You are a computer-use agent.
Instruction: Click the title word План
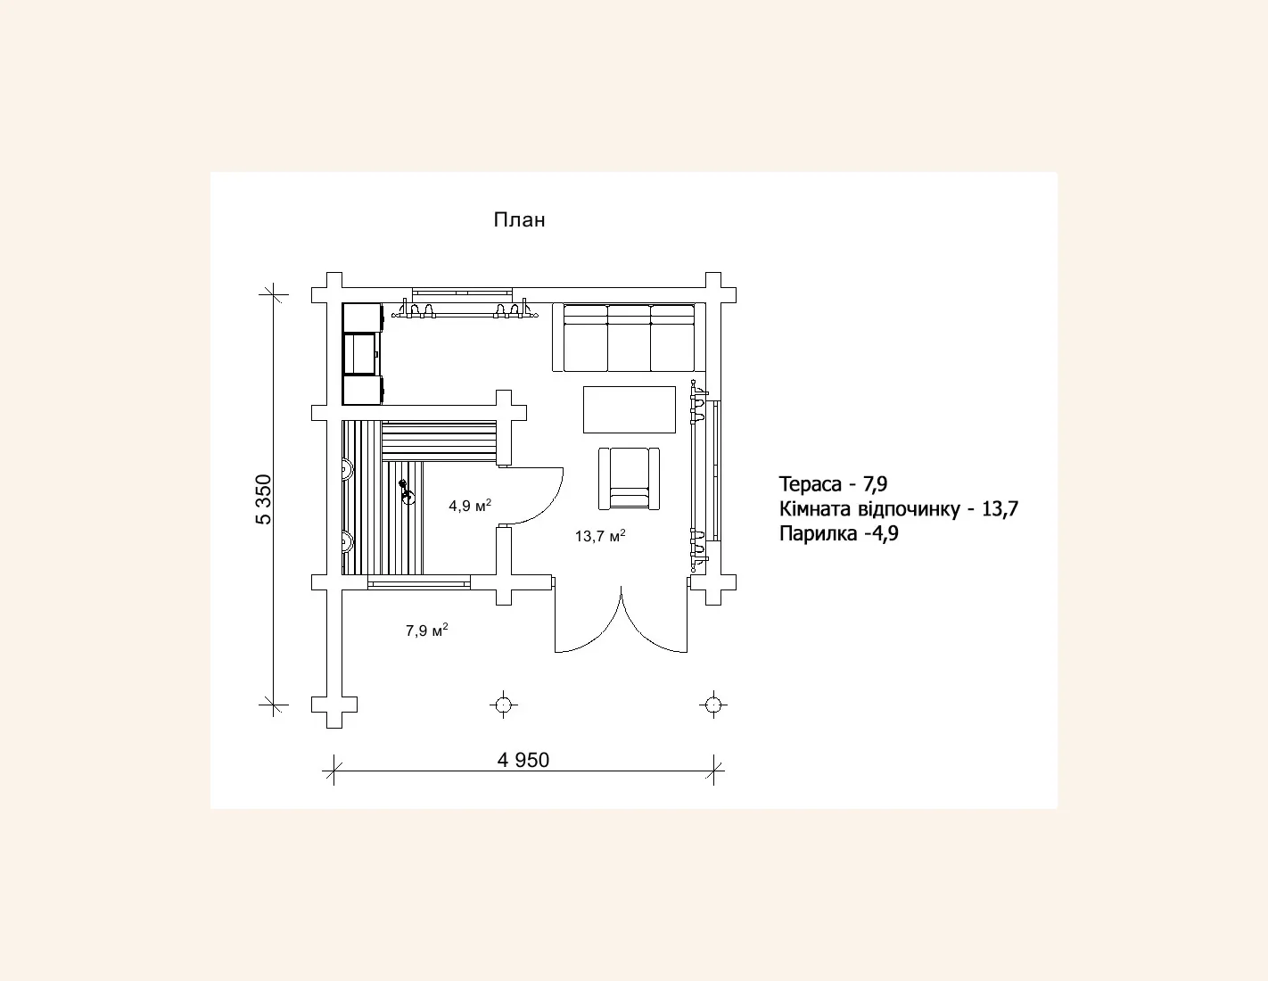pyautogui.click(x=519, y=220)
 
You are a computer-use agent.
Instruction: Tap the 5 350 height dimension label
pyautogui.click(x=264, y=499)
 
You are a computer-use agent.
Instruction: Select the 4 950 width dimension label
pyautogui.click(x=523, y=760)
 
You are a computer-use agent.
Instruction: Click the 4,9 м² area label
pyautogui.click(x=470, y=506)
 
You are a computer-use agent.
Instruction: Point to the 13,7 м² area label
pyautogui.click(x=600, y=536)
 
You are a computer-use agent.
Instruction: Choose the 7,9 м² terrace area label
pyautogui.click(x=426, y=631)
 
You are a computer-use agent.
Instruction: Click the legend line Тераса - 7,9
pyautogui.click(x=833, y=483)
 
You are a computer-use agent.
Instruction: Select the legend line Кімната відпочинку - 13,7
pyautogui.click(x=899, y=509)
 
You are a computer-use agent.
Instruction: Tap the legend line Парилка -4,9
pyautogui.click(x=838, y=533)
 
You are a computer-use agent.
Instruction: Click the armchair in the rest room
pyautogui.click(x=629, y=479)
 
